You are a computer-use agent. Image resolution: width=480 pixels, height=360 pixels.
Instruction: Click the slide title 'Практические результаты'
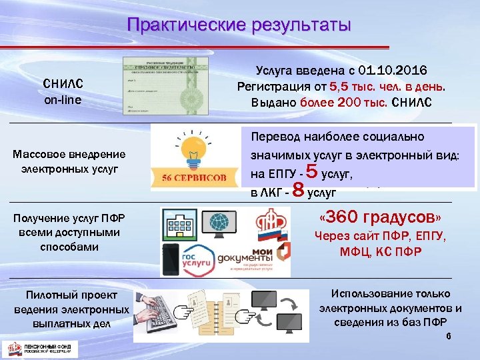click(x=239, y=25)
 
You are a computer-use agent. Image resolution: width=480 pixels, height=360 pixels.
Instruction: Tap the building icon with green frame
click(x=178, y=224)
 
